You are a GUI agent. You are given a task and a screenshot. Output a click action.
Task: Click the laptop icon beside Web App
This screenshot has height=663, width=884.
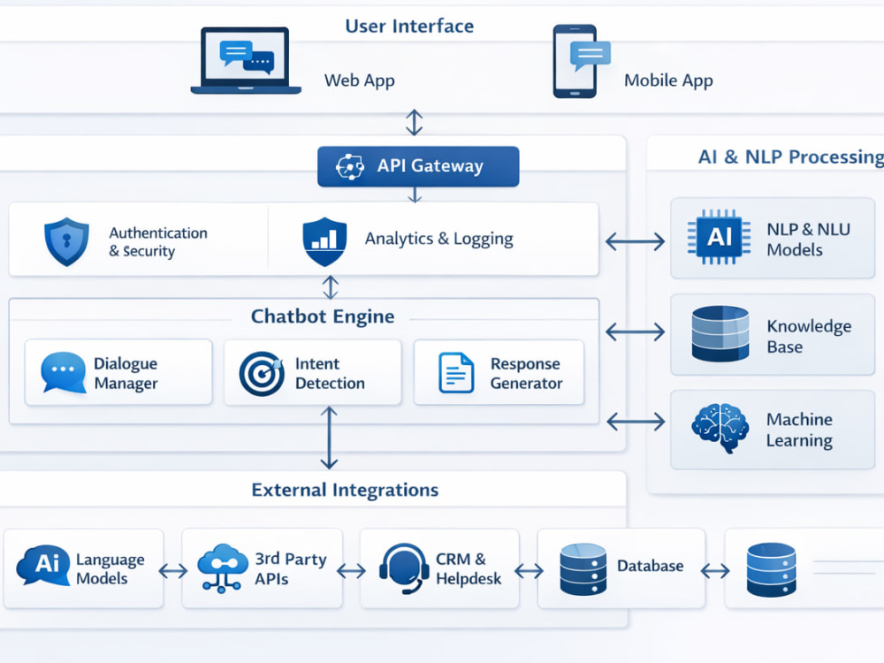tap(246, 60)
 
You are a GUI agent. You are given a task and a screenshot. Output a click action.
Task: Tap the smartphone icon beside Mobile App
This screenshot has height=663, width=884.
tap(575, 61)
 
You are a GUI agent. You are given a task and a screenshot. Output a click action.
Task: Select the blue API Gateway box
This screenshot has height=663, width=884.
tap(418, 166)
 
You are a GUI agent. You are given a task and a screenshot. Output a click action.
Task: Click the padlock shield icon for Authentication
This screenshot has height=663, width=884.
tap(66, 241)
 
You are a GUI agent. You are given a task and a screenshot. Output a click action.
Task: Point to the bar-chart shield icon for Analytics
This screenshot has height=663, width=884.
tap(324, 241)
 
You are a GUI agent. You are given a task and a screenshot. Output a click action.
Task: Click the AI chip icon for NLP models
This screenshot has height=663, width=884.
tap(719, 237)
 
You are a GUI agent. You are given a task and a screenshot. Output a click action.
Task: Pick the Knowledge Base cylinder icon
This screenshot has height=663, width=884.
tap(720, 333)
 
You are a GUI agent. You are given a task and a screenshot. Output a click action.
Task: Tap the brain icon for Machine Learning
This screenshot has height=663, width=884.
tap(720, 427)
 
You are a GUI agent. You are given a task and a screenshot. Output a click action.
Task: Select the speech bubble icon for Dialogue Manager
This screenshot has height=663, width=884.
tap(63, 372)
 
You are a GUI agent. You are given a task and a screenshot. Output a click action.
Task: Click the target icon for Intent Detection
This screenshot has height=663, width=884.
tap(262, 373)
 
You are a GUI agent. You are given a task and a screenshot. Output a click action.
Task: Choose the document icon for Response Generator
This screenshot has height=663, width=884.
tap(456, 372)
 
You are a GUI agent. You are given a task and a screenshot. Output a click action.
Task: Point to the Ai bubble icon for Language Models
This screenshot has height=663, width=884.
tap(43, 565)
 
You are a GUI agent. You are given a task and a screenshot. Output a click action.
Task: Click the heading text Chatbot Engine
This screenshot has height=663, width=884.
tap(323, 316)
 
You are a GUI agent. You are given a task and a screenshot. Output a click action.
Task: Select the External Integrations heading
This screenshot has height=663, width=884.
tap(345, 490)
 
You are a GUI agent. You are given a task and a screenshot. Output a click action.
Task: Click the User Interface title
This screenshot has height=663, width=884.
tap(409, 26)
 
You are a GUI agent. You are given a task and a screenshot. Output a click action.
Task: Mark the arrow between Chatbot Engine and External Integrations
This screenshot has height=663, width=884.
tap(329, 438)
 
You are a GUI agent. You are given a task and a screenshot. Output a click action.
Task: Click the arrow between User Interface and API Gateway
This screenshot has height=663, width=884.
tap(415, 122)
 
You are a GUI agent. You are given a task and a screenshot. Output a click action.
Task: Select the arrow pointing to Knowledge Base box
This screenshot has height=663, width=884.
tap(636, 331)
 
